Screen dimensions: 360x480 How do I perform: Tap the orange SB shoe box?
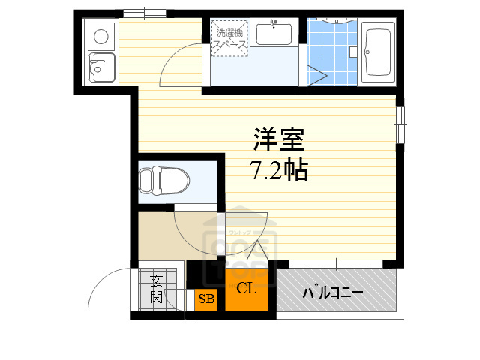click(206, 300)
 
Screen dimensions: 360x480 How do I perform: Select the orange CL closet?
click(247, 289)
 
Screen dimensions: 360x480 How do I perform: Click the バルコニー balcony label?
click(334, 292)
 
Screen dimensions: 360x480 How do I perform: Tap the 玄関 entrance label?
click(157, 289)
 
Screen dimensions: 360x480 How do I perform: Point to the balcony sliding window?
click(335, 263)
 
